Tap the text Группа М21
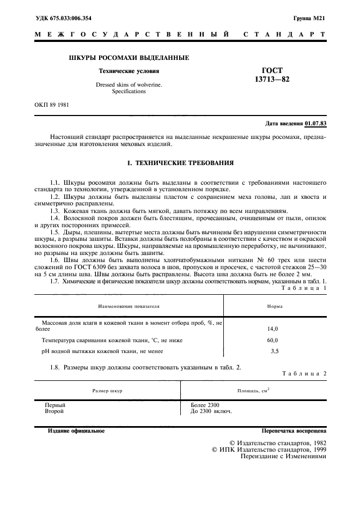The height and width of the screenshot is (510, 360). tap(309, 18)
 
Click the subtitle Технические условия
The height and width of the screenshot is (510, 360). tap(129, 71)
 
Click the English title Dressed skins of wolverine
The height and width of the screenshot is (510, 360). tap(129, 85)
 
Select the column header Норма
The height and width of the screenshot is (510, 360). tap(274, 306)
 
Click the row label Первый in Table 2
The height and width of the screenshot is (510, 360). tap(54, 405)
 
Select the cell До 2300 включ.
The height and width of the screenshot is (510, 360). tap(211, 411)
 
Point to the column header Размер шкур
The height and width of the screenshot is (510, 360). tap(107, 391)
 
